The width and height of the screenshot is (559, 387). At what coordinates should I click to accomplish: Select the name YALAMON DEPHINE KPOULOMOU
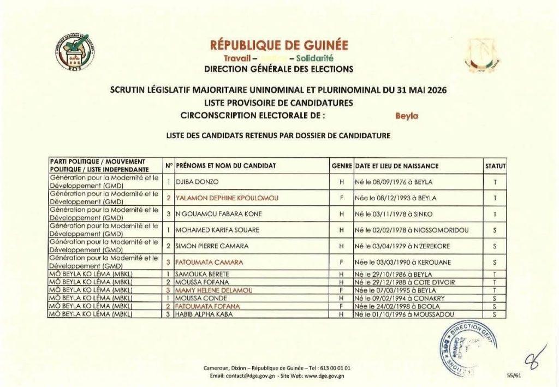coord(227,198)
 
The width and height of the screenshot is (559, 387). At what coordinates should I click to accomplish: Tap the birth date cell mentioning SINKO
coord(390,214)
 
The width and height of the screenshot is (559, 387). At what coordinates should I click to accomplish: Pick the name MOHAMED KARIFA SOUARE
coord(217,230)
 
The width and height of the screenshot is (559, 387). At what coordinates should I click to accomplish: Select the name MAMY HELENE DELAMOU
coord(214,290)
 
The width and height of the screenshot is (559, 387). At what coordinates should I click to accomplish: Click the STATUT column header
coord(495,165)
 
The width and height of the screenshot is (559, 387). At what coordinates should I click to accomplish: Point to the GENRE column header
coord(341,165)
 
